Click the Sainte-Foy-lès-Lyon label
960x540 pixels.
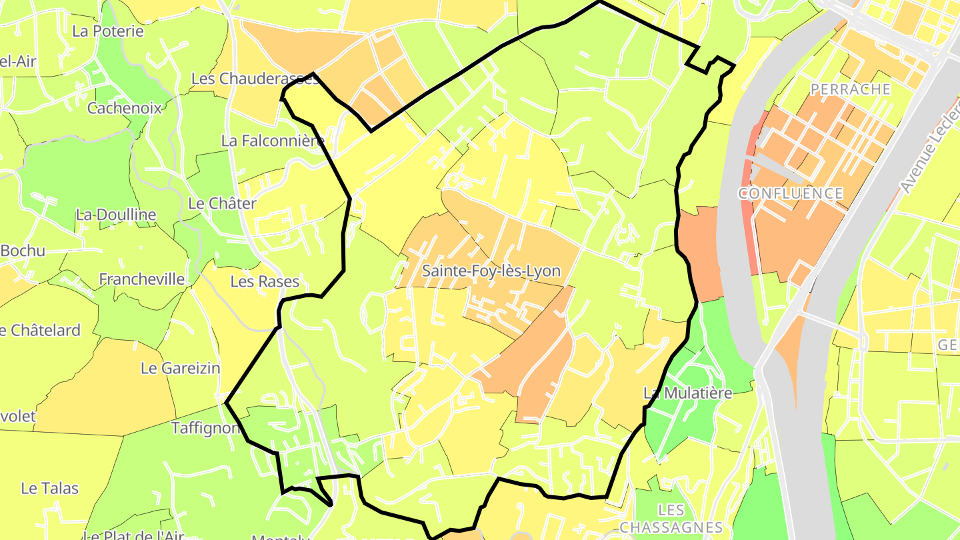coord(491,271)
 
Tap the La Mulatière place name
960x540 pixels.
coord(688,393)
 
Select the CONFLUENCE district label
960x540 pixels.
coord(790,193)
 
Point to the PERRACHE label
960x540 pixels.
coord(851,89)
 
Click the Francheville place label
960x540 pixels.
coord(141,279)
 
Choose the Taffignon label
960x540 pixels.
coord(205,428)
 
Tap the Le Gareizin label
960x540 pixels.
coord(180,368)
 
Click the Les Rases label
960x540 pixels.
coord(265,281)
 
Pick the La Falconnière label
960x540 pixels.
coord(273,141)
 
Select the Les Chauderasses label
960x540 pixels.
coord(255,79)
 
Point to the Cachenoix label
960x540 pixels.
coord(125,108)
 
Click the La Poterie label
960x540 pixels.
coord(108,31)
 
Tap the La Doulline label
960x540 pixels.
coord(116,215)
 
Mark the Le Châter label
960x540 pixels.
coord(222,203)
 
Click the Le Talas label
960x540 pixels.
coord(50,488)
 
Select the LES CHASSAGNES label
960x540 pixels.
coord(671,519)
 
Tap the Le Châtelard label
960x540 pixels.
coord(40,330)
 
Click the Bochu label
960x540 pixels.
coord(23,251)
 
